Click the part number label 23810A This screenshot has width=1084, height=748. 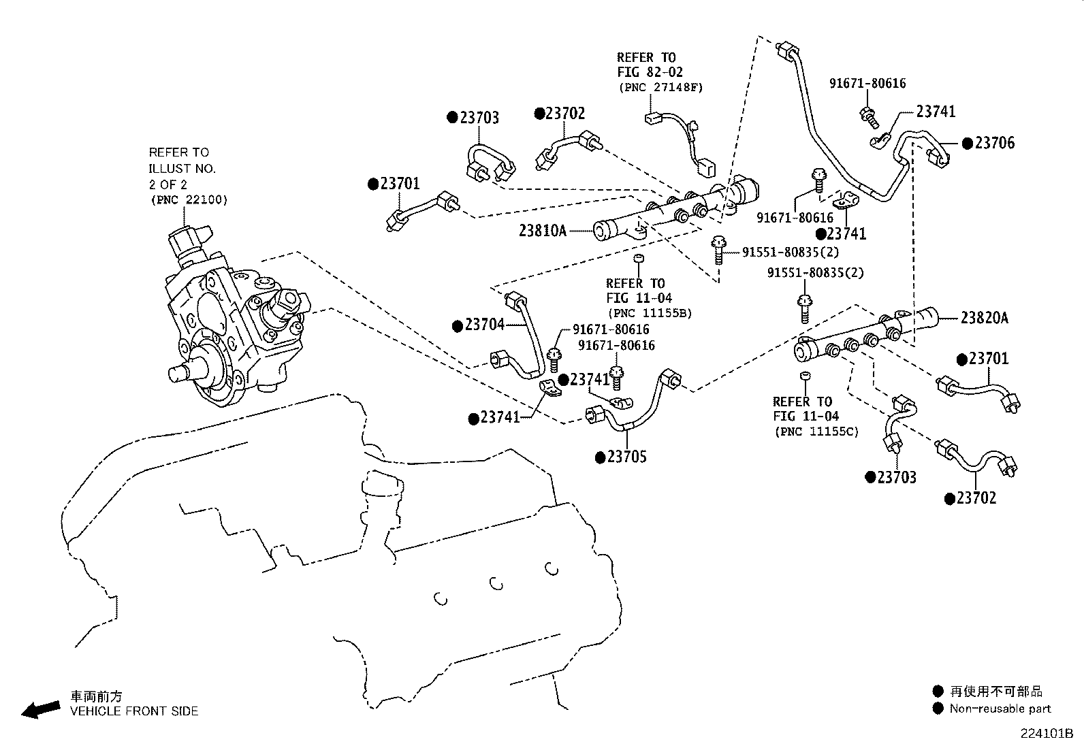(542, 231)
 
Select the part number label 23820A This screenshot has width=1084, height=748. (984, 318)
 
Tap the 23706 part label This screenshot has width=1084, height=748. (994, 143)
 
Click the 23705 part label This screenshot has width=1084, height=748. (626, 457)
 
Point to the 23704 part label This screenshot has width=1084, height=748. (485, 325)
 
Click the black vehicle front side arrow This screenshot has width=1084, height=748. (40, 709)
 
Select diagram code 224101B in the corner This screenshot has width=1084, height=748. (1046, 734)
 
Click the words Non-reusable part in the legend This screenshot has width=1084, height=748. (1000, 709)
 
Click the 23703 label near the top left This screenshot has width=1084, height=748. (479, 118)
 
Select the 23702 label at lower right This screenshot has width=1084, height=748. (976, 499)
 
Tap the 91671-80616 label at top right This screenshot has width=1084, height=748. (867, 84)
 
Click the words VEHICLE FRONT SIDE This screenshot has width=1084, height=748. (134, 711)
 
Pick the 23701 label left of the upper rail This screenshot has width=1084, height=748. (400, 184)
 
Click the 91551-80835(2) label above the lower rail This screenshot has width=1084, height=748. (815, 273)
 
